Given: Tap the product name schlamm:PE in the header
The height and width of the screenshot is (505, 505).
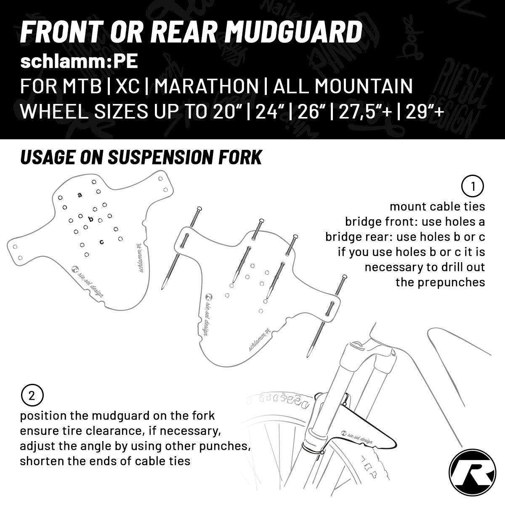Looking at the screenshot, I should pos(79,61).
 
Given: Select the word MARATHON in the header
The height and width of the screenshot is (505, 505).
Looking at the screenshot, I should pos(207,86).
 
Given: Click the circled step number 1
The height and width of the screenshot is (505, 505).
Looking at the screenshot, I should pos(473,186).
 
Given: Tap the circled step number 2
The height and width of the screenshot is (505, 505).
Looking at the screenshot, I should pos(32,396).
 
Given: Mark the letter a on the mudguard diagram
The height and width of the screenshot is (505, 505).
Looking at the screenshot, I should pos(80,195).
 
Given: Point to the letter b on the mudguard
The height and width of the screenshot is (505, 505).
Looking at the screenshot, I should pos(90,218).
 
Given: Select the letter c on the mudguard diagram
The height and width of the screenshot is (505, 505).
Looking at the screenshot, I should pos(102,242).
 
